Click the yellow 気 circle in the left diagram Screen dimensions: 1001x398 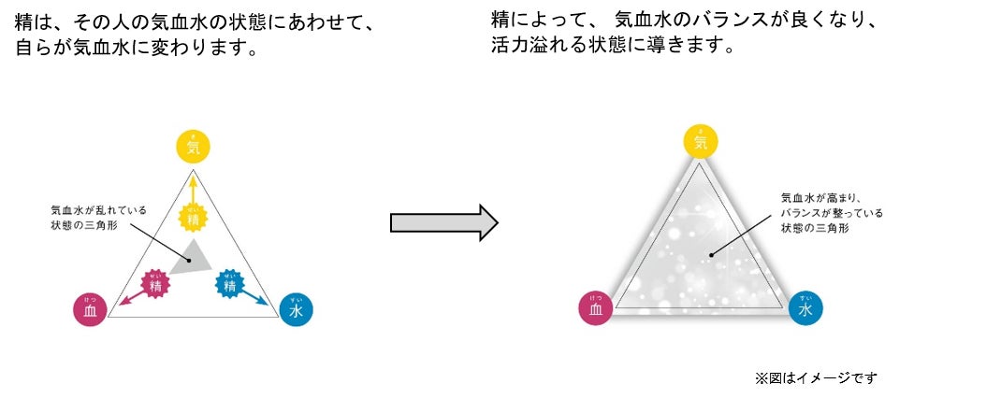pyautogui.click(x=193, y=146)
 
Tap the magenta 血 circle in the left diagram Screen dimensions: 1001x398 pyautogui.click(x=89, y=308)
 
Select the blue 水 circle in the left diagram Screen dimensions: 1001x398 pyautogui.click(x=297, y=309)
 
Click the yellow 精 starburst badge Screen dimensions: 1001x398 pyautogui.click(x=193, y=218)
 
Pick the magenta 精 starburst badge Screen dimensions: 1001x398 pyautogui.click(x=155, y=283)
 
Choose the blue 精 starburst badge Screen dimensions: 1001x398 pyautogui.click(x=229, y=282)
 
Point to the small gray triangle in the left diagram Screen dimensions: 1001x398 pyautogui.click(x=195, y=256)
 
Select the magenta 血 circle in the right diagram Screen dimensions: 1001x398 pyautogui.click(x=596, y=307)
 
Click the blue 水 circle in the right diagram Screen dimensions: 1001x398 pyautogui.click(x=805, y=307)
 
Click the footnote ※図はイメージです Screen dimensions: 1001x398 pyautogui.click(x=816, y=377)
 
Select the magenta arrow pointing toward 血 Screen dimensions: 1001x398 pyautogui.click(x=130, y=295)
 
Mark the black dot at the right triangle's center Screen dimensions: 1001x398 pyautogui.click(x=711, y=253)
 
